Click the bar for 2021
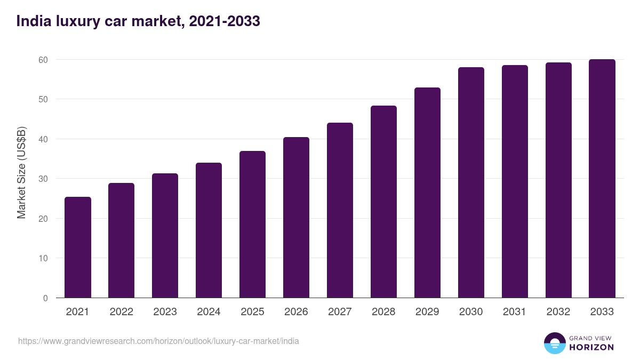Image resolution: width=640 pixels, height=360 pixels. [78, 247]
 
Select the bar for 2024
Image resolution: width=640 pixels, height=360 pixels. [209, 230]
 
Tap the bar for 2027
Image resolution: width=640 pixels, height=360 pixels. [340, 210]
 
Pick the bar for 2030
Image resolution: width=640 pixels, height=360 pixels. [471, 182]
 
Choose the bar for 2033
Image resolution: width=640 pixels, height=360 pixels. [602, 179]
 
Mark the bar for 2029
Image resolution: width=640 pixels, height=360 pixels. [427, 193]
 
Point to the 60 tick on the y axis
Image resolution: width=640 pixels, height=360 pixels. [43, 60]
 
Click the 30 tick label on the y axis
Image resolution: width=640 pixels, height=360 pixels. [43, 179]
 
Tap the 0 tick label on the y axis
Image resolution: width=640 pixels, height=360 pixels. [45, 298]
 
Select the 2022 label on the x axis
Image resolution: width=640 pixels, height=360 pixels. [122, 312]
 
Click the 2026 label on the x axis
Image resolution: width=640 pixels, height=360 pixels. [296, 312]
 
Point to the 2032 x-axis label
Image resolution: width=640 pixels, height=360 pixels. [558, 312]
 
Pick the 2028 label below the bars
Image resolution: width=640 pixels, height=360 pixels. [383, 312]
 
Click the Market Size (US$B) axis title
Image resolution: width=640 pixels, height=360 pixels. [21, 172]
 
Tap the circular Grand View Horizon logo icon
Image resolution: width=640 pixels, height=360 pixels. [554, 343]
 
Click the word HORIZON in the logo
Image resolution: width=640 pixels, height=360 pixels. [591, 347]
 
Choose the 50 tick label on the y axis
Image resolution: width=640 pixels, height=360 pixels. [43, 99]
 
